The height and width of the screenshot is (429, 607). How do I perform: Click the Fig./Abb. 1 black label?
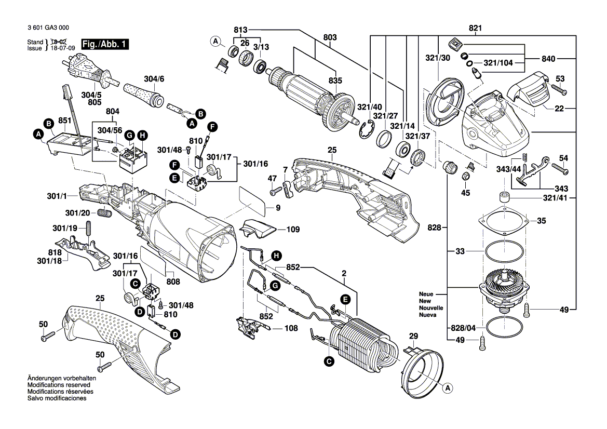tap(105, 45)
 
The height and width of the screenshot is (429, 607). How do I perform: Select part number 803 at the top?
tap(330, 38)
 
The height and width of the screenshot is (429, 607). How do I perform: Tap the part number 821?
tap(475, 28)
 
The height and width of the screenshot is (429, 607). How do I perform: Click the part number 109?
tap(293, 229)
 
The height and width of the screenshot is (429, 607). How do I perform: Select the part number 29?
tap(413, 337)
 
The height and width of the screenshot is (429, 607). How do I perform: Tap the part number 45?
tap(465, 193)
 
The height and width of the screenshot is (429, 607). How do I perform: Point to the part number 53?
tap(560, 78)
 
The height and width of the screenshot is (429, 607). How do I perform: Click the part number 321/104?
tap(498, 63)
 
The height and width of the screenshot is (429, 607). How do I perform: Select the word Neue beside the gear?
tap(426, 294)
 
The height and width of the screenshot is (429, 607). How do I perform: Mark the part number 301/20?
tap(78, 213)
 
